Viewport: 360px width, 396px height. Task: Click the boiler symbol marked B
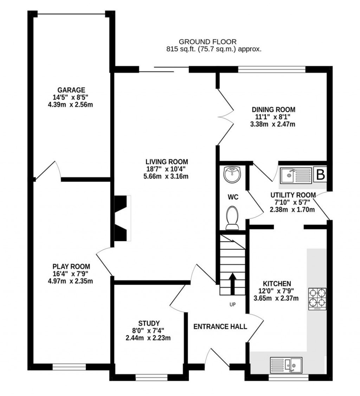320,175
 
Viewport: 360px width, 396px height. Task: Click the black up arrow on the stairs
232,284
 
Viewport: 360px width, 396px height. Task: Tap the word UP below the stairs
232,305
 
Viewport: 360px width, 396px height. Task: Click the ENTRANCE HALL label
220,326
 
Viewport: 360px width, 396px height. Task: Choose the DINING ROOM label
273,109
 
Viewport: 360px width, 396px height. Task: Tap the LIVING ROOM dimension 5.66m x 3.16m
167,177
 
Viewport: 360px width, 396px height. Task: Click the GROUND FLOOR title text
208,42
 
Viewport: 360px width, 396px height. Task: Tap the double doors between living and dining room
225,116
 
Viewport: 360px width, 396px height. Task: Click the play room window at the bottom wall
69,367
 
